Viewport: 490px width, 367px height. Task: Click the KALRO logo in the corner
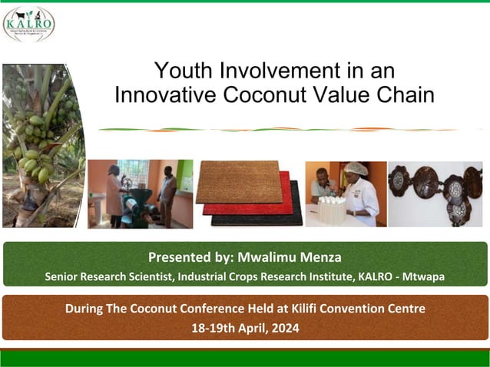click(28, 24)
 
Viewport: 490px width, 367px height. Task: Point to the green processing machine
click(140, 204)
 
